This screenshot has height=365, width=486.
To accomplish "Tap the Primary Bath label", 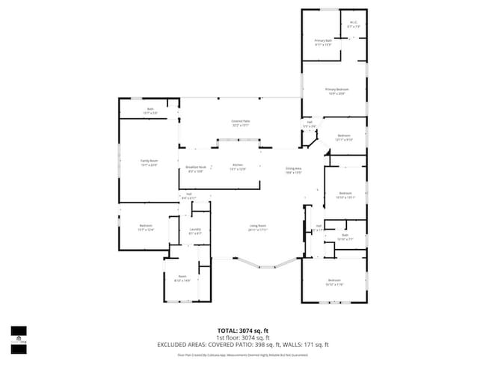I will pos(323,41).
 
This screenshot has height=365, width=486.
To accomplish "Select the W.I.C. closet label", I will pos(354,24).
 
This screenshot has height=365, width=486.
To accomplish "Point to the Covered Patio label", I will pos(240,122).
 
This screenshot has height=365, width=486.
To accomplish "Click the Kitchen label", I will pos(238,166).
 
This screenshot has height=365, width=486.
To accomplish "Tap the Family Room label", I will pos(150,162).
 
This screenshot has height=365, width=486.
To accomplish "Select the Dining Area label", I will pos(293,169).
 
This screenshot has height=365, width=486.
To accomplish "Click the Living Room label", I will pos(258,227).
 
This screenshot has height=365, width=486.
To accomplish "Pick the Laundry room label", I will pos(194,230).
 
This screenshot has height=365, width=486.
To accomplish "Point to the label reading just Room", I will pos(182,278).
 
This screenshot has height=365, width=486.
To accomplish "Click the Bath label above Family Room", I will pos(150,111).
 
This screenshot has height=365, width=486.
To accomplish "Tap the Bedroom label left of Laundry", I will pos(146,227).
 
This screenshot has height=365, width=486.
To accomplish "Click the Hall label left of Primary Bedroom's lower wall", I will pos(309,123).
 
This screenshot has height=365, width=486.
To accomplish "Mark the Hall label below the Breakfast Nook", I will pos(189,196).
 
